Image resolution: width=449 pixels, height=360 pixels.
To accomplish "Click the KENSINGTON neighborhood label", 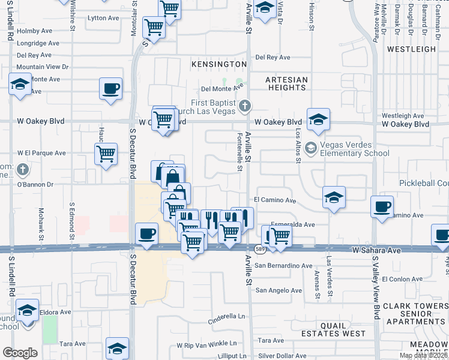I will pos(219,64).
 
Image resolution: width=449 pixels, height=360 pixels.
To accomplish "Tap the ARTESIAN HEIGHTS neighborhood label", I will pos(287,83).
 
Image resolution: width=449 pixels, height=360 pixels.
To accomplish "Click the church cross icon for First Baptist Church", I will pos(244,107).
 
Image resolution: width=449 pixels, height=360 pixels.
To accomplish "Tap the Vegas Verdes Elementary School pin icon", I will pos(310,147).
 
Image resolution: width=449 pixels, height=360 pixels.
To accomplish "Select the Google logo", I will pos(20,353).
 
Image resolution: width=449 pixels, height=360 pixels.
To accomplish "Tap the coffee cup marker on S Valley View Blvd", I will pos(382,206).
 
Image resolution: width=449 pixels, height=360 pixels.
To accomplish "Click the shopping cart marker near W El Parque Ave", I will pos(106,153).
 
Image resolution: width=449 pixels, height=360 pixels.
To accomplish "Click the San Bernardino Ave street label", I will pos(284,266).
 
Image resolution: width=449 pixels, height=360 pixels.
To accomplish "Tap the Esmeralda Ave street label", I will pos(292,224).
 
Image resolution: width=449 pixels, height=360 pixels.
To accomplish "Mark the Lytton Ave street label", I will pos(104,19).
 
